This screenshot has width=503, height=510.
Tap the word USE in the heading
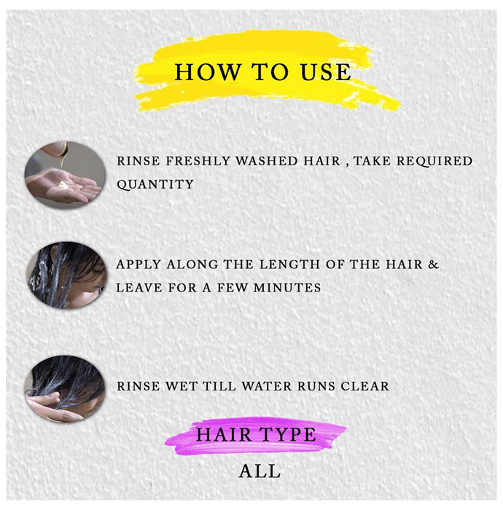326,72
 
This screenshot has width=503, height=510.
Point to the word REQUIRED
434,161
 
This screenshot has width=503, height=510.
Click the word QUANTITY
155,184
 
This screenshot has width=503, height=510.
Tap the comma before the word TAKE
348,165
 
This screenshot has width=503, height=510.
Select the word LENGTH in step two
290,264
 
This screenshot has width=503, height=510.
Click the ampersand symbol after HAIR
433,264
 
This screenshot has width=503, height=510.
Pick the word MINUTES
287,288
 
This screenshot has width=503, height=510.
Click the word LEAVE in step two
139,288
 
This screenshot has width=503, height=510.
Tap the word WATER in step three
267,386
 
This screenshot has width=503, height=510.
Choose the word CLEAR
364,386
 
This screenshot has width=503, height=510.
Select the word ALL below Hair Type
260,471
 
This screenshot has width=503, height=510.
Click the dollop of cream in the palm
63,185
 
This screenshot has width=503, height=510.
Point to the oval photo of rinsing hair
64,389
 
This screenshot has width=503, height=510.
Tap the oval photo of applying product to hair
66,275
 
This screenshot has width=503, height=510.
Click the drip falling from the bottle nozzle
62,160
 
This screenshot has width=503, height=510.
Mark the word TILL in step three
219,386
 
